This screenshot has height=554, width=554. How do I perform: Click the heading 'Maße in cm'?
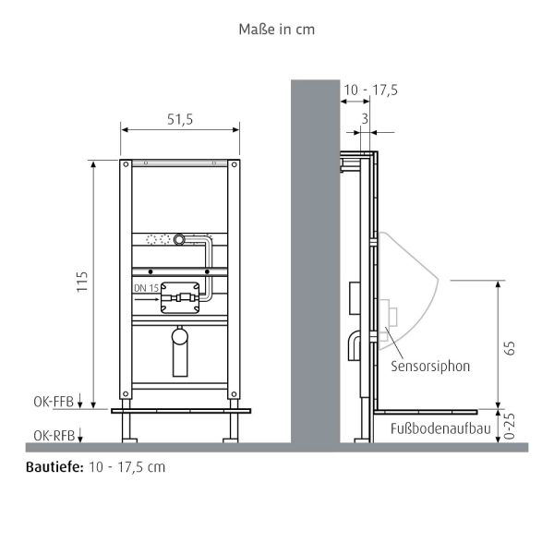(276, 29)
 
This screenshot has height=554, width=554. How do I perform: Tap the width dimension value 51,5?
(180, 119)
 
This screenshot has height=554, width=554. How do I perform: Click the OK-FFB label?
(52, 401)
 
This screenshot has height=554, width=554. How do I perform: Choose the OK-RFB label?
(52, 433)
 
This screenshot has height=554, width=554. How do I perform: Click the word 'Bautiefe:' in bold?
(54, 467)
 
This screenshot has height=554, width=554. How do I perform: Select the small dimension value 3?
(366, 118)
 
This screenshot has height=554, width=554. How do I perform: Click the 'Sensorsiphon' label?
(430, 366)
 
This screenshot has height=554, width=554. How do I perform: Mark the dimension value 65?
(510, 347)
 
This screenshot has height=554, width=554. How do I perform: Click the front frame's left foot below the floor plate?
(129, 426)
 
